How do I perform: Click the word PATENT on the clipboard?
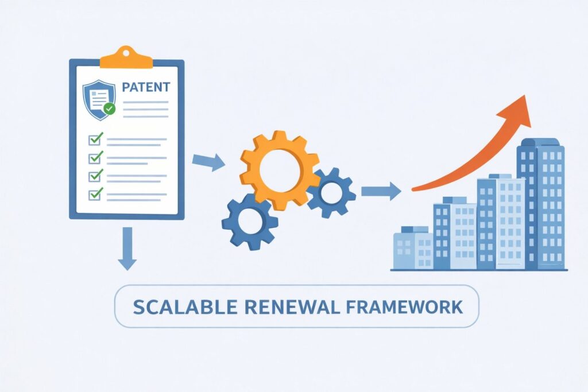146,87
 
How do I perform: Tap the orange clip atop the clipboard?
126,56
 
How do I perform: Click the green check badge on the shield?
110,108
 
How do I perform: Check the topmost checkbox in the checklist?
95,138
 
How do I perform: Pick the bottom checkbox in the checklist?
95,194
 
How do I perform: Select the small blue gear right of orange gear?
331,193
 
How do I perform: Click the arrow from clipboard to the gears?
207,162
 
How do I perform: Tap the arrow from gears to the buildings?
381,191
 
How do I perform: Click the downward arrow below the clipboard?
127,248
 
